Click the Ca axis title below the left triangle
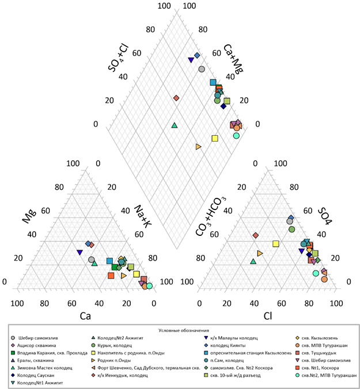click(85, 315)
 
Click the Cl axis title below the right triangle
click(267, 315)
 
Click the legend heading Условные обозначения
click(182, 330)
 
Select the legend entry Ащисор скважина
click(40, 345)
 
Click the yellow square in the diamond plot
click(215, 138)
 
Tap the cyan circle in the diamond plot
click(236, 136)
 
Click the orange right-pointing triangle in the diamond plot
click(199, 147)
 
